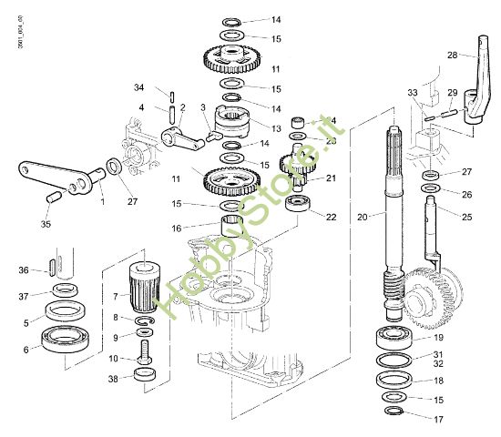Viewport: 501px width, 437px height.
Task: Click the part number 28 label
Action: [453, 55]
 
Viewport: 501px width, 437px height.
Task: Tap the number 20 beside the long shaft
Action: [363, 217]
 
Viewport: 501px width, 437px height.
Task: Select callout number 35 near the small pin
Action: [46, 223]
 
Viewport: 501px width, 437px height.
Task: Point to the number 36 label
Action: [24, 269]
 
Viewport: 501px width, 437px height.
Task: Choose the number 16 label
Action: [202, 229]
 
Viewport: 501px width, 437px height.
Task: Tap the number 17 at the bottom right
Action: [438, 420]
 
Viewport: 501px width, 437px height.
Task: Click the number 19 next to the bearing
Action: [438, 338]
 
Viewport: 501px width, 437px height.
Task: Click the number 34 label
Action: [138, 88]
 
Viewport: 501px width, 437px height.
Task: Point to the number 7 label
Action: [115, 295]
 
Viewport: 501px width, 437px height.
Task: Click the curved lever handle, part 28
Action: [477, 82]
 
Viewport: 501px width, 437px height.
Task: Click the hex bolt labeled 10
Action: [144, 356]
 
